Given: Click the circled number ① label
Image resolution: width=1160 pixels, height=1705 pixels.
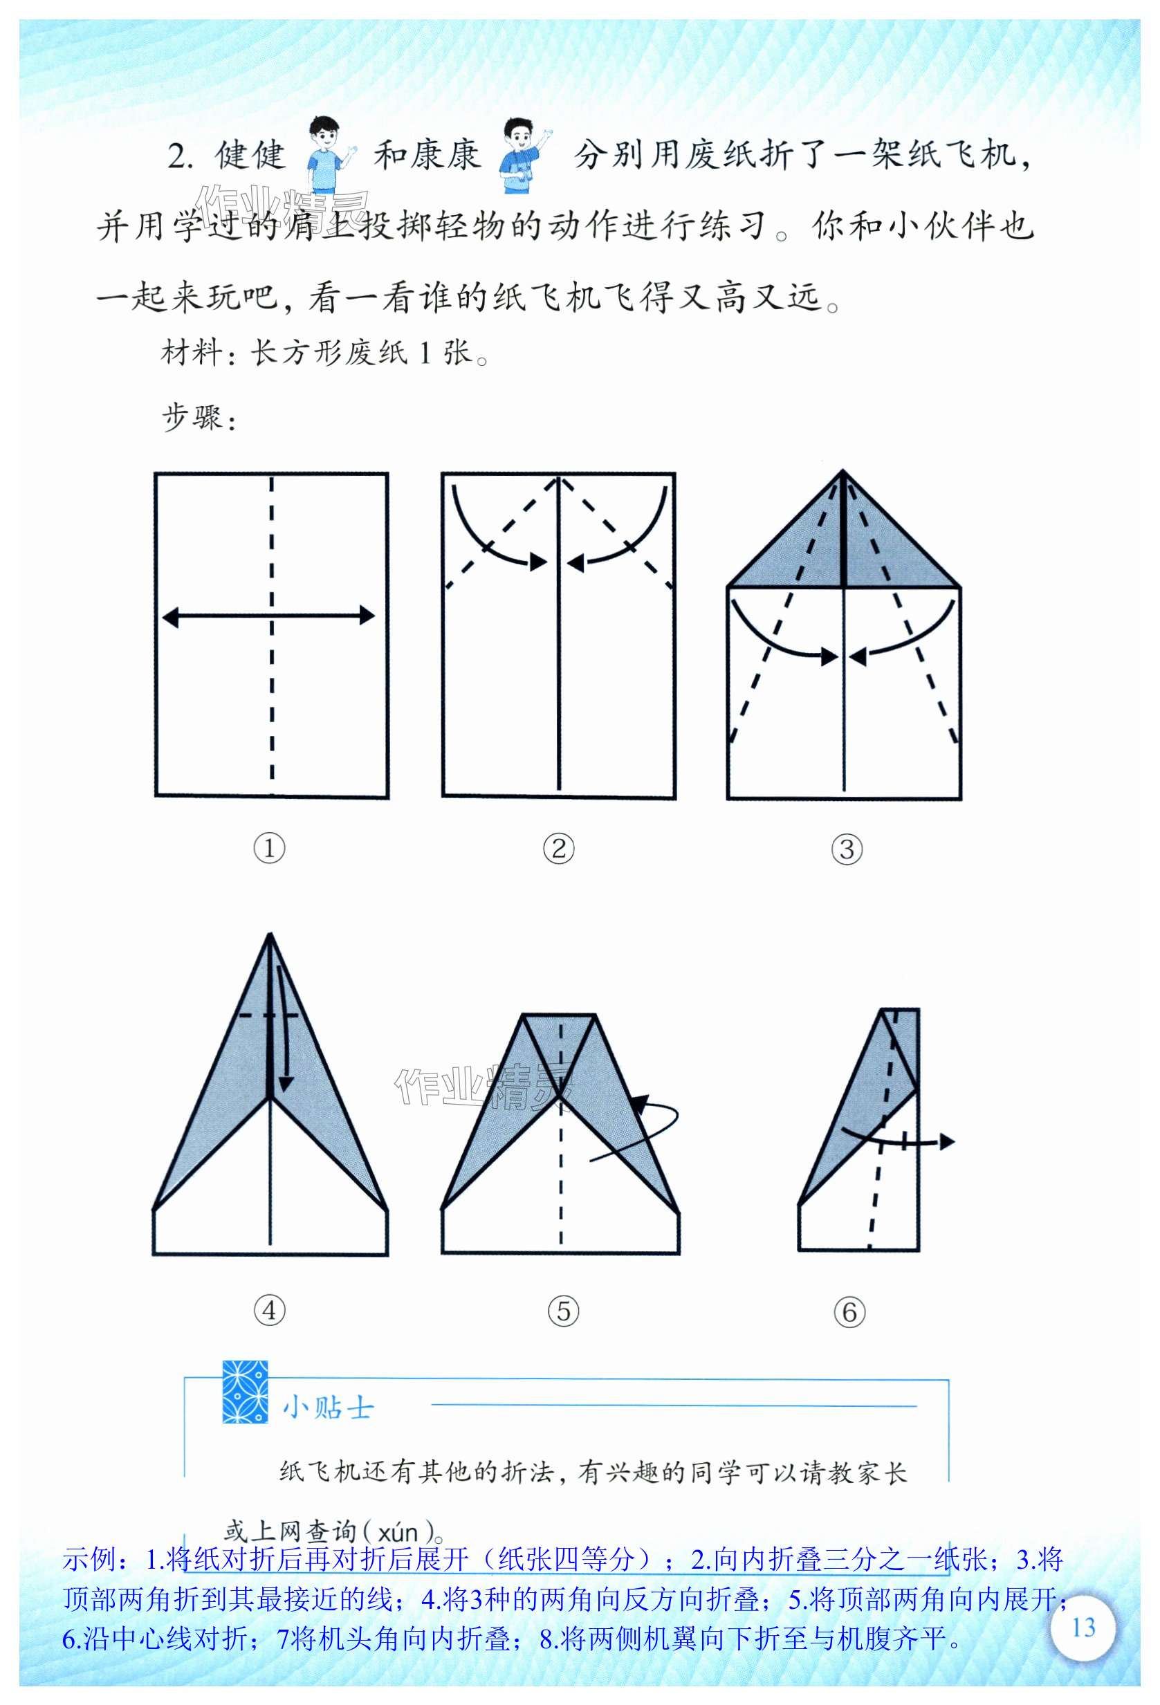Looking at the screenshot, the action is pos(269,849).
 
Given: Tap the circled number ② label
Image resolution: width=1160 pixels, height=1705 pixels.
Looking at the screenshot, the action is pos(558,849).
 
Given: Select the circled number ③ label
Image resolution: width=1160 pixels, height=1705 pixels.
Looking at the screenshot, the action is pos(847,849).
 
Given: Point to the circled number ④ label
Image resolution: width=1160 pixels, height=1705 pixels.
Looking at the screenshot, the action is pos(269,1310).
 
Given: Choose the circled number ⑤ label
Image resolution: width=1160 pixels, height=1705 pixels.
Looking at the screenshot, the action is pos(564,1310).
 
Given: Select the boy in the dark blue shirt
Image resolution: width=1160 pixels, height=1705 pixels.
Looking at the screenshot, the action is pos(522,155).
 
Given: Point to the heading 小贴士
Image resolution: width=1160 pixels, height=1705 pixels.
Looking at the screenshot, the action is pos(328,1408).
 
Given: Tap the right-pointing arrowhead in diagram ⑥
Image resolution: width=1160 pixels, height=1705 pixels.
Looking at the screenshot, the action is pos(947,1141).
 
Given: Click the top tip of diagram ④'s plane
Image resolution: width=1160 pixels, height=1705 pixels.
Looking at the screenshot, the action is pos(270,933).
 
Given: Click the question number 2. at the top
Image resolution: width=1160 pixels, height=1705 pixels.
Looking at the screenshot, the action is pos(181,156).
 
